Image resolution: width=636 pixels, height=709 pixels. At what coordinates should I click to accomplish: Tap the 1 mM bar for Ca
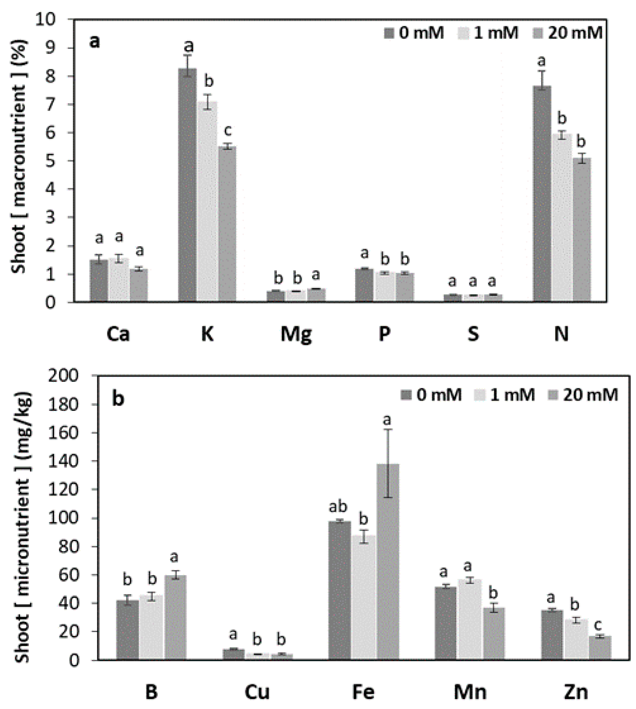tap(119, 280)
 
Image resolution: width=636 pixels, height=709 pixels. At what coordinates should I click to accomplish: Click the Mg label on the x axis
tap(296, 334)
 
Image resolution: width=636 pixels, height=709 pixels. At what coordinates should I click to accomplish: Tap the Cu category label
tap(257, 692)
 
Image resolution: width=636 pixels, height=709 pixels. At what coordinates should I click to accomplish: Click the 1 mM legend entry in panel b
tap(505, 395)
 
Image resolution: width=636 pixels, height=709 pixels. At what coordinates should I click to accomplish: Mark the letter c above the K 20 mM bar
tap(227, 131)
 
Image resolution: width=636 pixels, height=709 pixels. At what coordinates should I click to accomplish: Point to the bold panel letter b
tap(118, 399)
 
